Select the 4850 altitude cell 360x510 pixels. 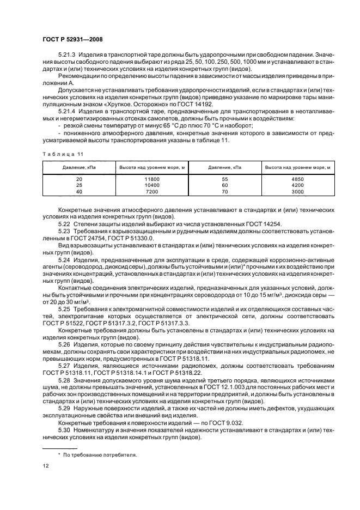(298, 179)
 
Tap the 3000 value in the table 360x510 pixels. (298, 192)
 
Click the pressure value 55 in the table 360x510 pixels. (225, 179)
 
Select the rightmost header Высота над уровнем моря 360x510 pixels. (298, 167)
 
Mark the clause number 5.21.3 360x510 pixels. (68, 55)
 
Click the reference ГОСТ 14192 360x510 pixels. (196, 103)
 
